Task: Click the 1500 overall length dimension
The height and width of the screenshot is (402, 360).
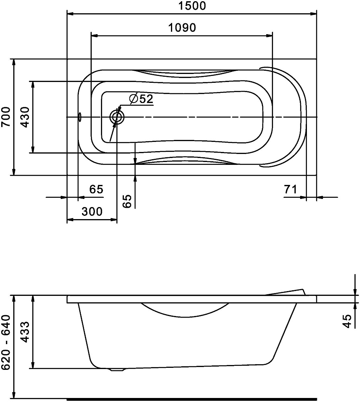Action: tap(192, 6)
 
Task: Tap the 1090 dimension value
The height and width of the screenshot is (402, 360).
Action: tap(182, 27)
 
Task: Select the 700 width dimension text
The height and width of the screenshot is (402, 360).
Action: tap(6, 117)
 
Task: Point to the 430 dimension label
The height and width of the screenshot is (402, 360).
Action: tap(25, 117)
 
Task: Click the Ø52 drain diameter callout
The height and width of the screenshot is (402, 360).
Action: tap(141, 99)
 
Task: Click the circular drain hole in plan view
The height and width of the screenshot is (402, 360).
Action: tap(117, 117)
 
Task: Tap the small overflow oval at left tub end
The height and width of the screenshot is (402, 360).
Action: tap(80, 117)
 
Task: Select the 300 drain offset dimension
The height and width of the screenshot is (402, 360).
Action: tap(92, 211)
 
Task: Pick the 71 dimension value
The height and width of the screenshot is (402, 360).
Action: tap(290, 189)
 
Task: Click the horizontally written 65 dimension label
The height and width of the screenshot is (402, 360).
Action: tap(96, 189)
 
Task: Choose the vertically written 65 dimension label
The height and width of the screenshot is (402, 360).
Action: tap(127, 201)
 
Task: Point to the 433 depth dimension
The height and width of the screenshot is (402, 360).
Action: tap(25, 332)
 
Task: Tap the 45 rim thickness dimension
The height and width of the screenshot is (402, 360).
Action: tap(347, 321)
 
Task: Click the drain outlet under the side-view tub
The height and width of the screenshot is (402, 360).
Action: tap(117, 369)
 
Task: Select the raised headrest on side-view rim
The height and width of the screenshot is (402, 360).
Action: tap(286, 292)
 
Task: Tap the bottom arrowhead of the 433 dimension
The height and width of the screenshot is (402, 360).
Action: tap(33, 365)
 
